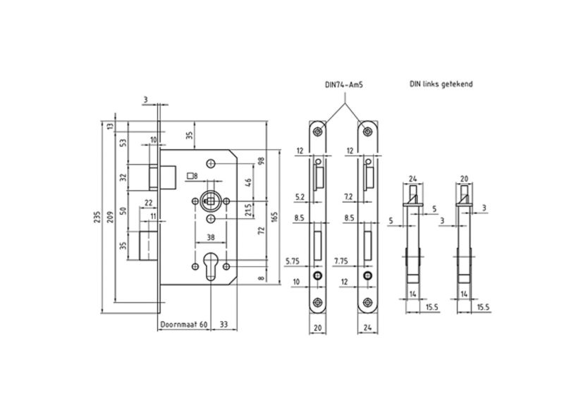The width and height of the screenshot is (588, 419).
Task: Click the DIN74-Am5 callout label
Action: [343, 85]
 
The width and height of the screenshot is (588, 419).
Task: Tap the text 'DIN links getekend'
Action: [441, 84]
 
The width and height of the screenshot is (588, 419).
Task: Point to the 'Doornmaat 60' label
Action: [184, 324]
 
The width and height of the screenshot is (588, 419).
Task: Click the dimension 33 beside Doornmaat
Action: [223, 324]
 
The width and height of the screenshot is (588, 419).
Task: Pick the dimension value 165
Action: [274, 218]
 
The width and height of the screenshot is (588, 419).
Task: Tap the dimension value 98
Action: [262, 161]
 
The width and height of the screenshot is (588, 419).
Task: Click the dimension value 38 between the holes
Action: [211, 237]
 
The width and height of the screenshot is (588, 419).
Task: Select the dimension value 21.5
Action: [248, 210]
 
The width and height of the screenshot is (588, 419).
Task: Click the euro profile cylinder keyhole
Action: [211, 266]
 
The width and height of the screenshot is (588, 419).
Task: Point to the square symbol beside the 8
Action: [190, 175]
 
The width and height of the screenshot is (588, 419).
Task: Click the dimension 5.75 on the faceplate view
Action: [293, 261]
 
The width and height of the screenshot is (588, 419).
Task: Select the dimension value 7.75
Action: [341, 261]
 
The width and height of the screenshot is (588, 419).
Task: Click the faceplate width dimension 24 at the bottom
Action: [367, 327]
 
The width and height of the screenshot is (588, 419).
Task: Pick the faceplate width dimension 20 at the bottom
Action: [318, 327]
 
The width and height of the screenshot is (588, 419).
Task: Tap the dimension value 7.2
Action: [349, 196]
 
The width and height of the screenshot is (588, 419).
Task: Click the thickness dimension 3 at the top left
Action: [145, 99]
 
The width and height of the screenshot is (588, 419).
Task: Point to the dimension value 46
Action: [248, 182]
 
